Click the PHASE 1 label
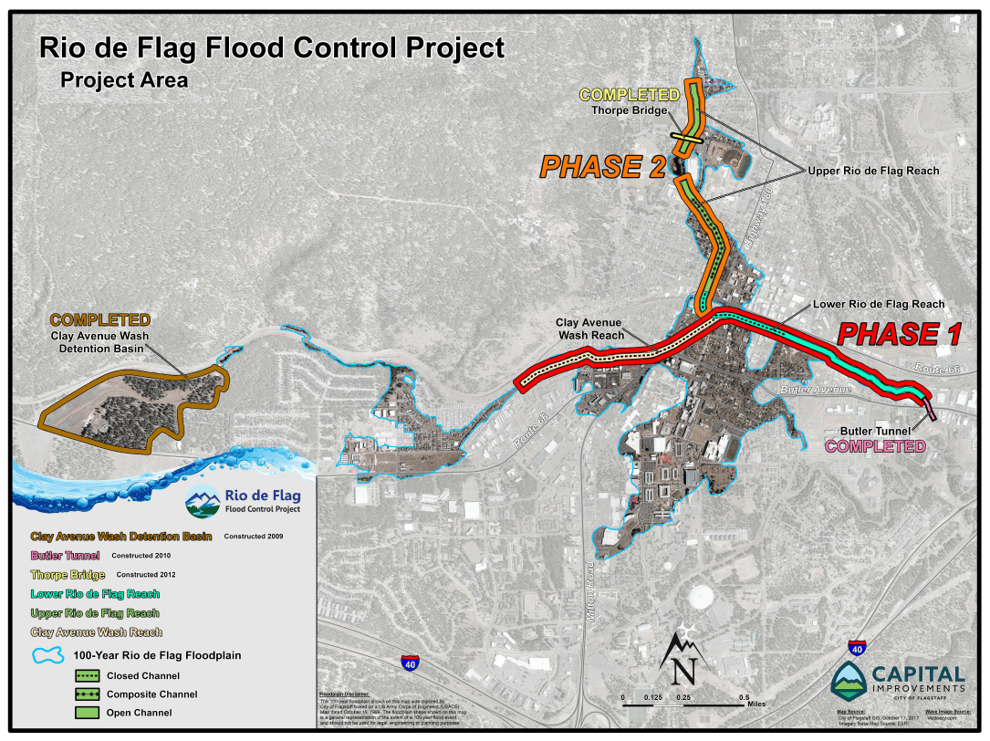(x=899, y=334)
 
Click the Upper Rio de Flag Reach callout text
(x=873, y=171)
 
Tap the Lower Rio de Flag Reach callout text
(x=879, y=304)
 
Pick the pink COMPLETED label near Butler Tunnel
(x=875, y=446)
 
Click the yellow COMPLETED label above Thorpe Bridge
(x=629, y=95)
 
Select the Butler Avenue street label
(x=815, y=390)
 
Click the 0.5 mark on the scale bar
(x=744, y=697)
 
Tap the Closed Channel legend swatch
(x=88, y=676)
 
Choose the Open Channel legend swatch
(x=88, y=713)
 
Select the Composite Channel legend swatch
(x=88, y=694)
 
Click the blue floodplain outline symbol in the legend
(x=48, y=655)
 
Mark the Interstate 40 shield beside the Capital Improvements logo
(x=856, y=648)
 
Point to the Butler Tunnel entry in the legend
(x=65, y=555)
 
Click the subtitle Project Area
(x=124, y=79)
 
